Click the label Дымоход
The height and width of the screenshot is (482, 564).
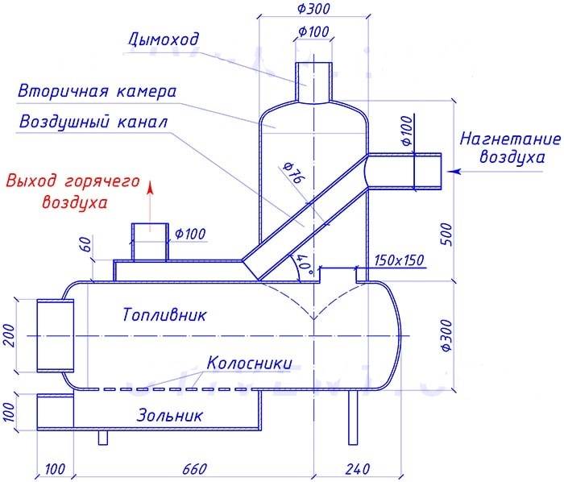coord(163,39)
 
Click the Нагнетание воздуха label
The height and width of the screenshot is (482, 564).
coord(510,147)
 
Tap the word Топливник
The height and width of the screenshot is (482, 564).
coord(164,314)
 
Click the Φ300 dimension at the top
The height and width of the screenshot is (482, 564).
coord(313,8)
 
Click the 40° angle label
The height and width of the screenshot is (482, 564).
coord(304,263)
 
